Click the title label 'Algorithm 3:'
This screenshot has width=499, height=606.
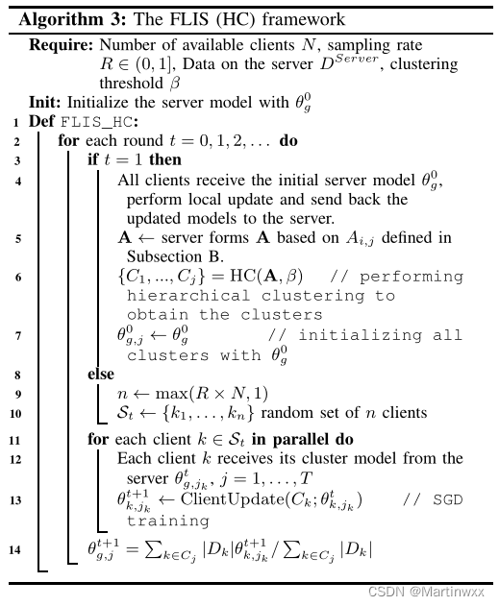coord(67,19)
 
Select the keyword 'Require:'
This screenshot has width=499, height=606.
coord(62,45)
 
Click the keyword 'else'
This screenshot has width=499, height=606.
coord(101,374)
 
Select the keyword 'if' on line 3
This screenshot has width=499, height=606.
coord(93,159)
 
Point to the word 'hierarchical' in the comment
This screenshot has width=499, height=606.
coord(175,296)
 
